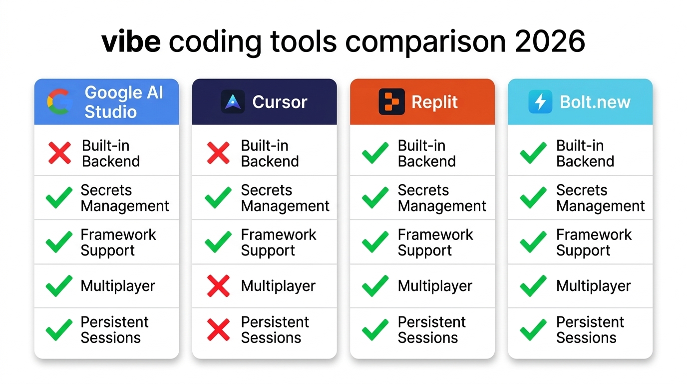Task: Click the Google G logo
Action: (59, 101)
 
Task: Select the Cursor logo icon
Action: (233, 102)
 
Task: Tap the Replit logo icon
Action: (391, 102)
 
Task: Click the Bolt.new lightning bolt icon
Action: (540, 102)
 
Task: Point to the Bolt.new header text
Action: (595, 102)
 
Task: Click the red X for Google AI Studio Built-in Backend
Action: (59, 153)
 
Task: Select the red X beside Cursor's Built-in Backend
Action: (218, 153)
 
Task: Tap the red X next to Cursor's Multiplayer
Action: (218, 286)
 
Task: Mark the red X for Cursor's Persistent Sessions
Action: (218, 330)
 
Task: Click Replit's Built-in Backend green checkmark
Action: (375, 153)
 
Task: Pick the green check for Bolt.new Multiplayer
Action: (533, 286)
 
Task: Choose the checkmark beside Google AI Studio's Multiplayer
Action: (59, 286)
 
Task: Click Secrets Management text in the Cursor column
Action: (285, 198)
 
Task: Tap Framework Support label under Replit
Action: (435, 242)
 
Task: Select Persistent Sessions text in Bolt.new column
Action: (590, 329)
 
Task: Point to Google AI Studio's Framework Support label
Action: (118, 242)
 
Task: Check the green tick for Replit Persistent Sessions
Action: (375, 330)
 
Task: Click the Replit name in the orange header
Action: (434, 102)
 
